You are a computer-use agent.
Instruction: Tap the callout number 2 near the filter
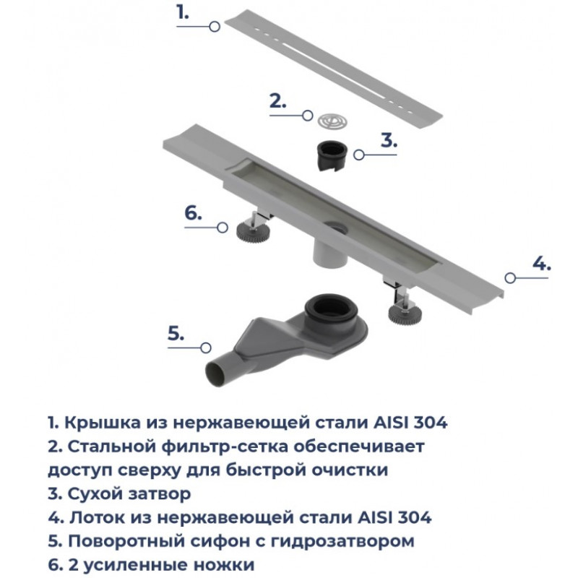(x=278, y=101)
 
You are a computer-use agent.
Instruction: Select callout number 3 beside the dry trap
(x=389, y=140)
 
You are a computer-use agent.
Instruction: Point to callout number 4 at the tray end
(x=541, y=264)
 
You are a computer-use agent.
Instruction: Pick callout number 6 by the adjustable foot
(x=193, y=213)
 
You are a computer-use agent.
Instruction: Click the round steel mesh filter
(x=332, y=121)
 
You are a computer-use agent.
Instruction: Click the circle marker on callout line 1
(x=214, y=27)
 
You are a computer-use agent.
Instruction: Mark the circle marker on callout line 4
(x=510, y=278)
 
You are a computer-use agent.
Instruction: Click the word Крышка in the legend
(x=103, y=423)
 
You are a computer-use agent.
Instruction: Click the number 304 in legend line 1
(x=431, y=423)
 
